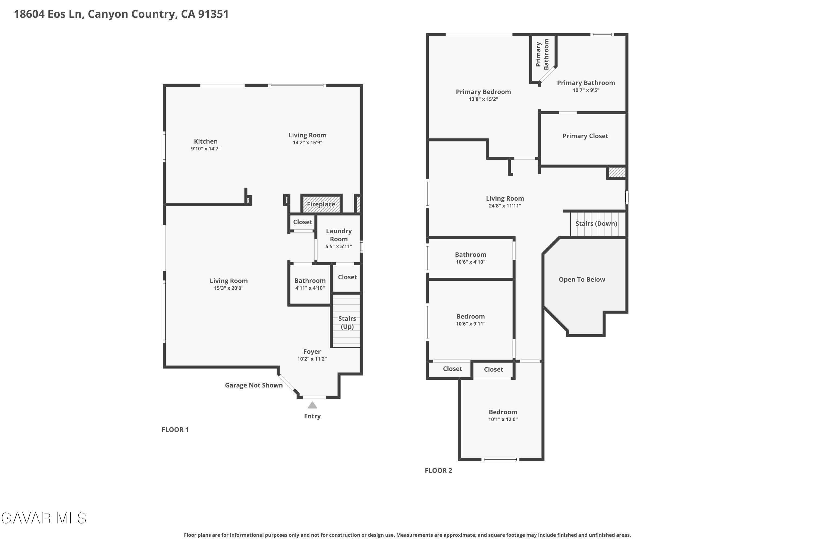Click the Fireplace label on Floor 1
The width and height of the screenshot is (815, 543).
click(x=321, y=204)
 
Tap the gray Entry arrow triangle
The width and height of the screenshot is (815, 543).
click(x=312, y=405)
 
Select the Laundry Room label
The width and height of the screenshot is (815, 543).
click(x=338, y=235)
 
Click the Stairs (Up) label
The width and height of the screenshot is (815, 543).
click(x=347, y=323)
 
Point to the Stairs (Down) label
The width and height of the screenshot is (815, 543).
click(x=596, y=224)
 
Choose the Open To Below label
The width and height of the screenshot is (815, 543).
click(x=582, y=279)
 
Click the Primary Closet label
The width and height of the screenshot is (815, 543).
click(x=585, y=136)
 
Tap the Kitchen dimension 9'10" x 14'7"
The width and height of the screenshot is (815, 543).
click(x=206, y=149)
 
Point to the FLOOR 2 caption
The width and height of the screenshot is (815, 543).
click(x=438, y=470)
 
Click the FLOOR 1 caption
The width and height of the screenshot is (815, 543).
click(x=175, y=430)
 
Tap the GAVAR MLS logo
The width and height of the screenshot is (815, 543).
click(x=44, y=518)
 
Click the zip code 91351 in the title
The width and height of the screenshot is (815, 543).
click(x=214, y=14)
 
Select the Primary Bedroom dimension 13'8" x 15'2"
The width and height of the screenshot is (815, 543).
click(x=483, y=99)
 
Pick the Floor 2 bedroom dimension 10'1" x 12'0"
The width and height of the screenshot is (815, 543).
click(x=503, y=419)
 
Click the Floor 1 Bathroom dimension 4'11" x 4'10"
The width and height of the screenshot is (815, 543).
click(x=310, y=288)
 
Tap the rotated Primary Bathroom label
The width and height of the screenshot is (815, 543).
click(x=542, y=54)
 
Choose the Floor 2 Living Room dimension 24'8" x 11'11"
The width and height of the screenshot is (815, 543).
click(x=504, y=206)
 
